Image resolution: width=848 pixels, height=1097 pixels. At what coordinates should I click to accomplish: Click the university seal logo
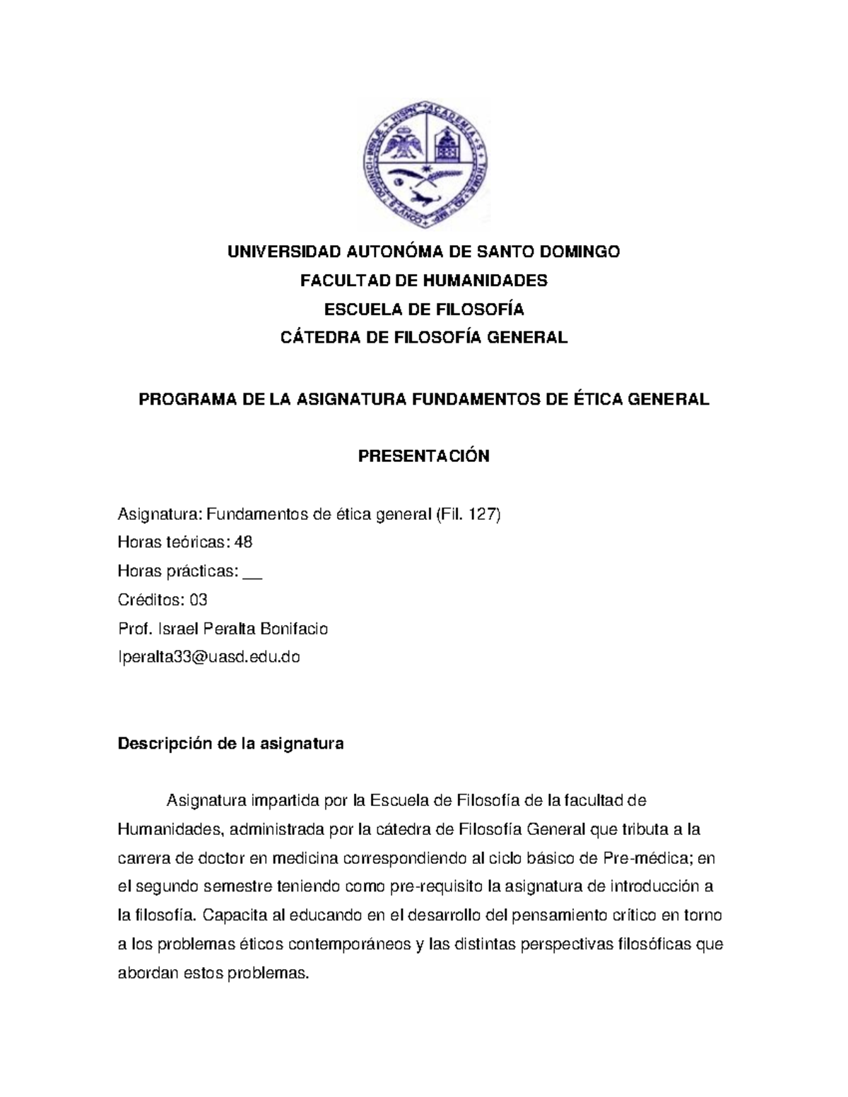[425, 165]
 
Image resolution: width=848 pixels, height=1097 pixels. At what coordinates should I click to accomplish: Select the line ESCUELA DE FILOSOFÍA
[424, 309]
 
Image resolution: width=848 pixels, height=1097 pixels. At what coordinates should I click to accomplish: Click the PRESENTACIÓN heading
[424, 456]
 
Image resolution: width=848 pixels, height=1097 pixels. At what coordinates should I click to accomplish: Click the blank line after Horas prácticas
[252, 571]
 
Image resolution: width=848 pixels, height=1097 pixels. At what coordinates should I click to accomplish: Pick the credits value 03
[199, 600]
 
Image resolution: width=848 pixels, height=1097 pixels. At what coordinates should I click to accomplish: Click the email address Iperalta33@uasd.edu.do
[208, 657]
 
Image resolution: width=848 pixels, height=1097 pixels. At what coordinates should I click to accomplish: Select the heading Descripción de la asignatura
[230, 744]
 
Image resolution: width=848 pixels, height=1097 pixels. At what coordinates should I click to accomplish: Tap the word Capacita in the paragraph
[231, 915]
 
